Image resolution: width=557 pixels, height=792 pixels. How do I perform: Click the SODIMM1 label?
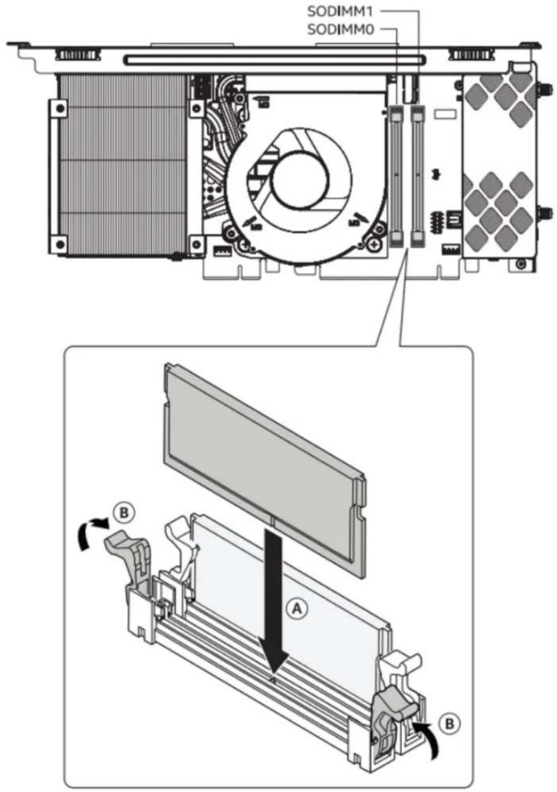340,12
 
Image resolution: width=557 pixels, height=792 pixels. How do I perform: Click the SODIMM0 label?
341,30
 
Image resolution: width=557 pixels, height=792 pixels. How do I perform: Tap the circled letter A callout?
297,609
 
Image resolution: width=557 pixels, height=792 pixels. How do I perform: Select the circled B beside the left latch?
124,513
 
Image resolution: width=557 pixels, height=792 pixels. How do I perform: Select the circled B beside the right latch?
449,724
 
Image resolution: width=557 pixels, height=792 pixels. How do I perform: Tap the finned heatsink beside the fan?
122,164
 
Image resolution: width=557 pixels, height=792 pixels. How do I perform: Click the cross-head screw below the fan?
375,243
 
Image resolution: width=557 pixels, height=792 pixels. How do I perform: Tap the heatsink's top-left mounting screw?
61,108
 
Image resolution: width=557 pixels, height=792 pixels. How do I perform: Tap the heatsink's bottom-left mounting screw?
61,244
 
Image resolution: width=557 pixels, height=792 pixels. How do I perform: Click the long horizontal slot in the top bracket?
273,59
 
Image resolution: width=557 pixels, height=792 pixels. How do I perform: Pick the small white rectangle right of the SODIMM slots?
445,114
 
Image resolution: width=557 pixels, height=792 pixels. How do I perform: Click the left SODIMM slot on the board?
396,176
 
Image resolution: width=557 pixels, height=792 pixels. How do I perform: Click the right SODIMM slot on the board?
418,176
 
